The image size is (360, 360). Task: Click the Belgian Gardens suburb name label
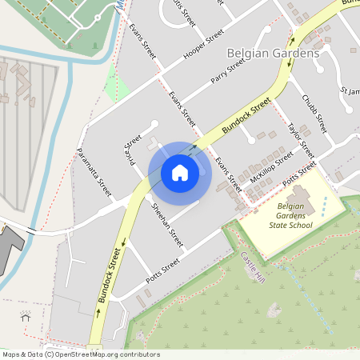[273, 53]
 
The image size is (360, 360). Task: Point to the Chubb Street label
[314, 113]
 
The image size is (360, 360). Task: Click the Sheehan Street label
[167, 223]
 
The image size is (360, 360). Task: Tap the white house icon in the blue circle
[180, 173]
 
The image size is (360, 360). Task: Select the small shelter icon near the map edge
[26, 315]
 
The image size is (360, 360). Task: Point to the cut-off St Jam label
[349, 91]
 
